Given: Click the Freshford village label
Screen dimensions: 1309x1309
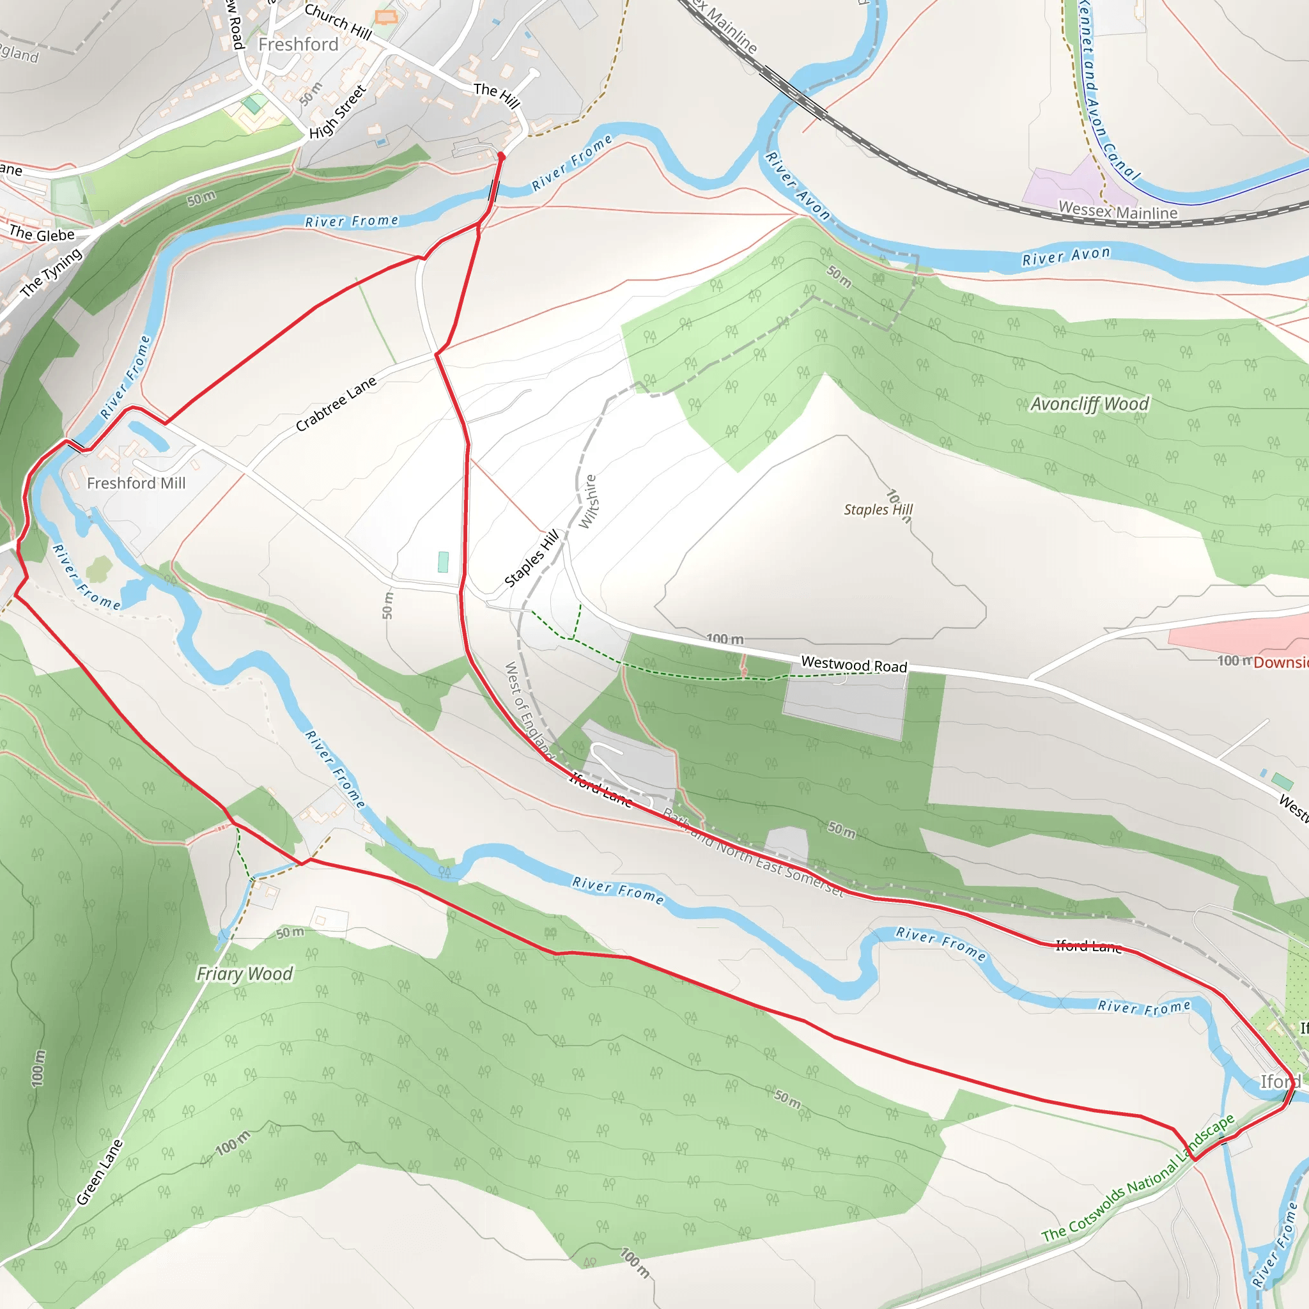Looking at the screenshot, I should [298, 45].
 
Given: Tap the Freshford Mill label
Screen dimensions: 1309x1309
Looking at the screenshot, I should [136, 483].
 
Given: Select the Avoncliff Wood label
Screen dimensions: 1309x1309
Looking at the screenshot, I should [1090, 404].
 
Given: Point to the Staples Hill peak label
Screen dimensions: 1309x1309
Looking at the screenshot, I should [878, 509].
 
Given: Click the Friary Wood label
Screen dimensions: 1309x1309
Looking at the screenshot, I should [245, 973].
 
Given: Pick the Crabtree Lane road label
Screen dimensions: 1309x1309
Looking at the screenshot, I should [336, 404].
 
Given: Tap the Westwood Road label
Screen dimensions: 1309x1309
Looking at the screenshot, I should [854, 665].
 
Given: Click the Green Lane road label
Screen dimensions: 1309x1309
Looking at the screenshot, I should [100, 1172].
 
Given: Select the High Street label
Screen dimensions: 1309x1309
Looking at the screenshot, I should [337, 112].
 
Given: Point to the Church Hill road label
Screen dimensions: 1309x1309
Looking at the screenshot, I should [338, 22].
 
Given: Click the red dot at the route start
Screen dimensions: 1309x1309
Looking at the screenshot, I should [501, 157].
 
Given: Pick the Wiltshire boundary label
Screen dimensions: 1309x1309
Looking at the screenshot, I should [588, 501].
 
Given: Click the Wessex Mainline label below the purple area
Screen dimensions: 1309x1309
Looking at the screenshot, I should [1118, 211].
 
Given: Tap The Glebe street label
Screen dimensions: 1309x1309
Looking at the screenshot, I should [42, 235].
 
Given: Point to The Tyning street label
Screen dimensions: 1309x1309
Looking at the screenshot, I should [51, 272].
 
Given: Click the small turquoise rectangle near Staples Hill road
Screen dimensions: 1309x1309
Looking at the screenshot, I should [443, 562].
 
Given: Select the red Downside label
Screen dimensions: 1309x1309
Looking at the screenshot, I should [1280, 663].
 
